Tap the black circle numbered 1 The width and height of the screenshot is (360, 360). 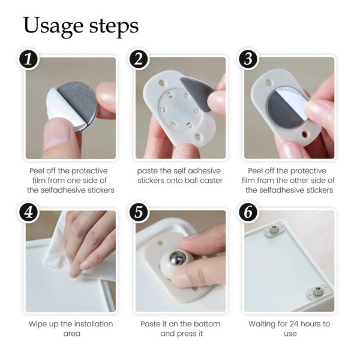pyautogui.click(x=29, y=59)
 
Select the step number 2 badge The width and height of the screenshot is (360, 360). pyautogui.click(x=138, y=59)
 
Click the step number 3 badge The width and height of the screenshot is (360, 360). pyautogui.click(x=248, y=59)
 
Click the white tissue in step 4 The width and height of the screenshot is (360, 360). pyautogui.click(x=66, y=246)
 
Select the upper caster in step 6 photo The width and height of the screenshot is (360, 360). pyautogui.click(x=277, y=228)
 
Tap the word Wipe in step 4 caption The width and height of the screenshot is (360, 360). pyautogui.click(x=40, y=324)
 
